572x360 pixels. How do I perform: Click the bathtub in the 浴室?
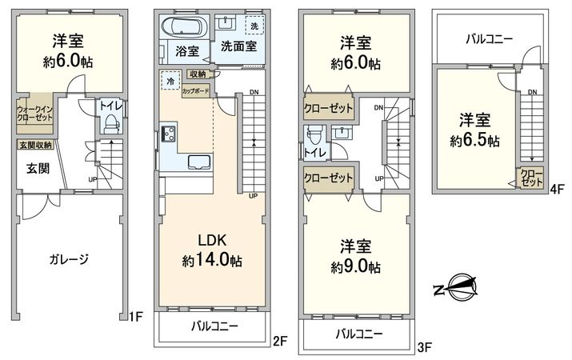coord(184,27)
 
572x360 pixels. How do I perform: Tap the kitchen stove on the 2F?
coord(169,132)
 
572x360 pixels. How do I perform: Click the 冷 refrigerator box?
coord(170,81)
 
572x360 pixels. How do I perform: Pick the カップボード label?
coord(196,90)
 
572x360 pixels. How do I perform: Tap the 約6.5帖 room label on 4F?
coord(474,130)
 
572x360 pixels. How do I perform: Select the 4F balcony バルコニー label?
coord(490,38)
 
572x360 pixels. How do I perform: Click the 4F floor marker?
coord(557,190)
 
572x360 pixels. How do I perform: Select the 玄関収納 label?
coord(35,145)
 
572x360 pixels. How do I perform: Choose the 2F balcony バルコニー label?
coord(212,326)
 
